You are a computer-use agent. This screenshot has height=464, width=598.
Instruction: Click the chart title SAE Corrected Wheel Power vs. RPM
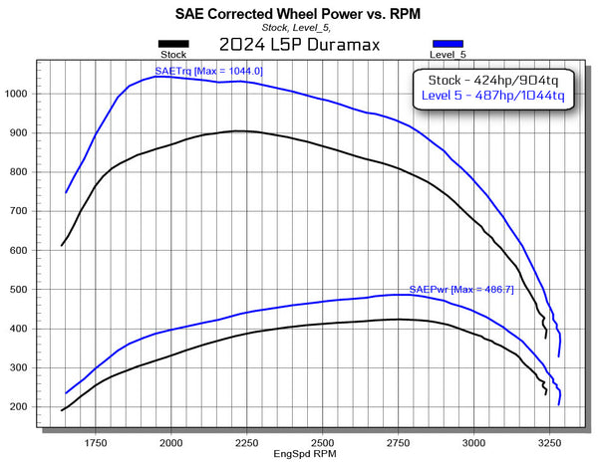(297, 14)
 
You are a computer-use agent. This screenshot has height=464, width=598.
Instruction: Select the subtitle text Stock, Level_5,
(296, 28)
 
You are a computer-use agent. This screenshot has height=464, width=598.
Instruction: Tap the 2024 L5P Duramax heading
(299, 45)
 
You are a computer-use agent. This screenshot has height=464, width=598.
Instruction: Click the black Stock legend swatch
(173, 44)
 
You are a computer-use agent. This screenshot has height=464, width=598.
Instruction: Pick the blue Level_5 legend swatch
(448, 44)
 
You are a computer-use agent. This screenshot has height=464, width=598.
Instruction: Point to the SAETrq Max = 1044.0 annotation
(208, 71)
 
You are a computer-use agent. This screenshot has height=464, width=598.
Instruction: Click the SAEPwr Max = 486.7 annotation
(461, 290)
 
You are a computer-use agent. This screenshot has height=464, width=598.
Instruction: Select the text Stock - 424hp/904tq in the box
(493, 81)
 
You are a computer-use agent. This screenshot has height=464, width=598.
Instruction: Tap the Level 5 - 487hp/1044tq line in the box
(492, 96)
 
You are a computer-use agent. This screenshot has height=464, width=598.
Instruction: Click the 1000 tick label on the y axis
(16, 94)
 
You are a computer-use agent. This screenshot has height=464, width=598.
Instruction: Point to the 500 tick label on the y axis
(19, 290)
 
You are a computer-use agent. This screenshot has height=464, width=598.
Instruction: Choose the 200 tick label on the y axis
(19, 407)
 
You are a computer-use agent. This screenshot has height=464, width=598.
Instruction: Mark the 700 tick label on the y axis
(19, 211)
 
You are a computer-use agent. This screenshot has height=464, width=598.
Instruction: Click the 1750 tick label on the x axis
(96, 443)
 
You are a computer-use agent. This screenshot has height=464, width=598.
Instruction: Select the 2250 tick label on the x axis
(247, 443)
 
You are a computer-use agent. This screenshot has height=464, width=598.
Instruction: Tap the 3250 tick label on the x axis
(549, 443)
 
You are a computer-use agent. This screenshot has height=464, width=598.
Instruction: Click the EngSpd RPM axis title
(305, 454)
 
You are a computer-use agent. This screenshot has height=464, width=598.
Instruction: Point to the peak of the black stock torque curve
(236, 131)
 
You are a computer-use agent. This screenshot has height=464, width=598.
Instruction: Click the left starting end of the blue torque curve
(66, 193)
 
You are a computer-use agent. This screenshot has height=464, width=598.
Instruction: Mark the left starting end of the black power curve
(62, 410)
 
